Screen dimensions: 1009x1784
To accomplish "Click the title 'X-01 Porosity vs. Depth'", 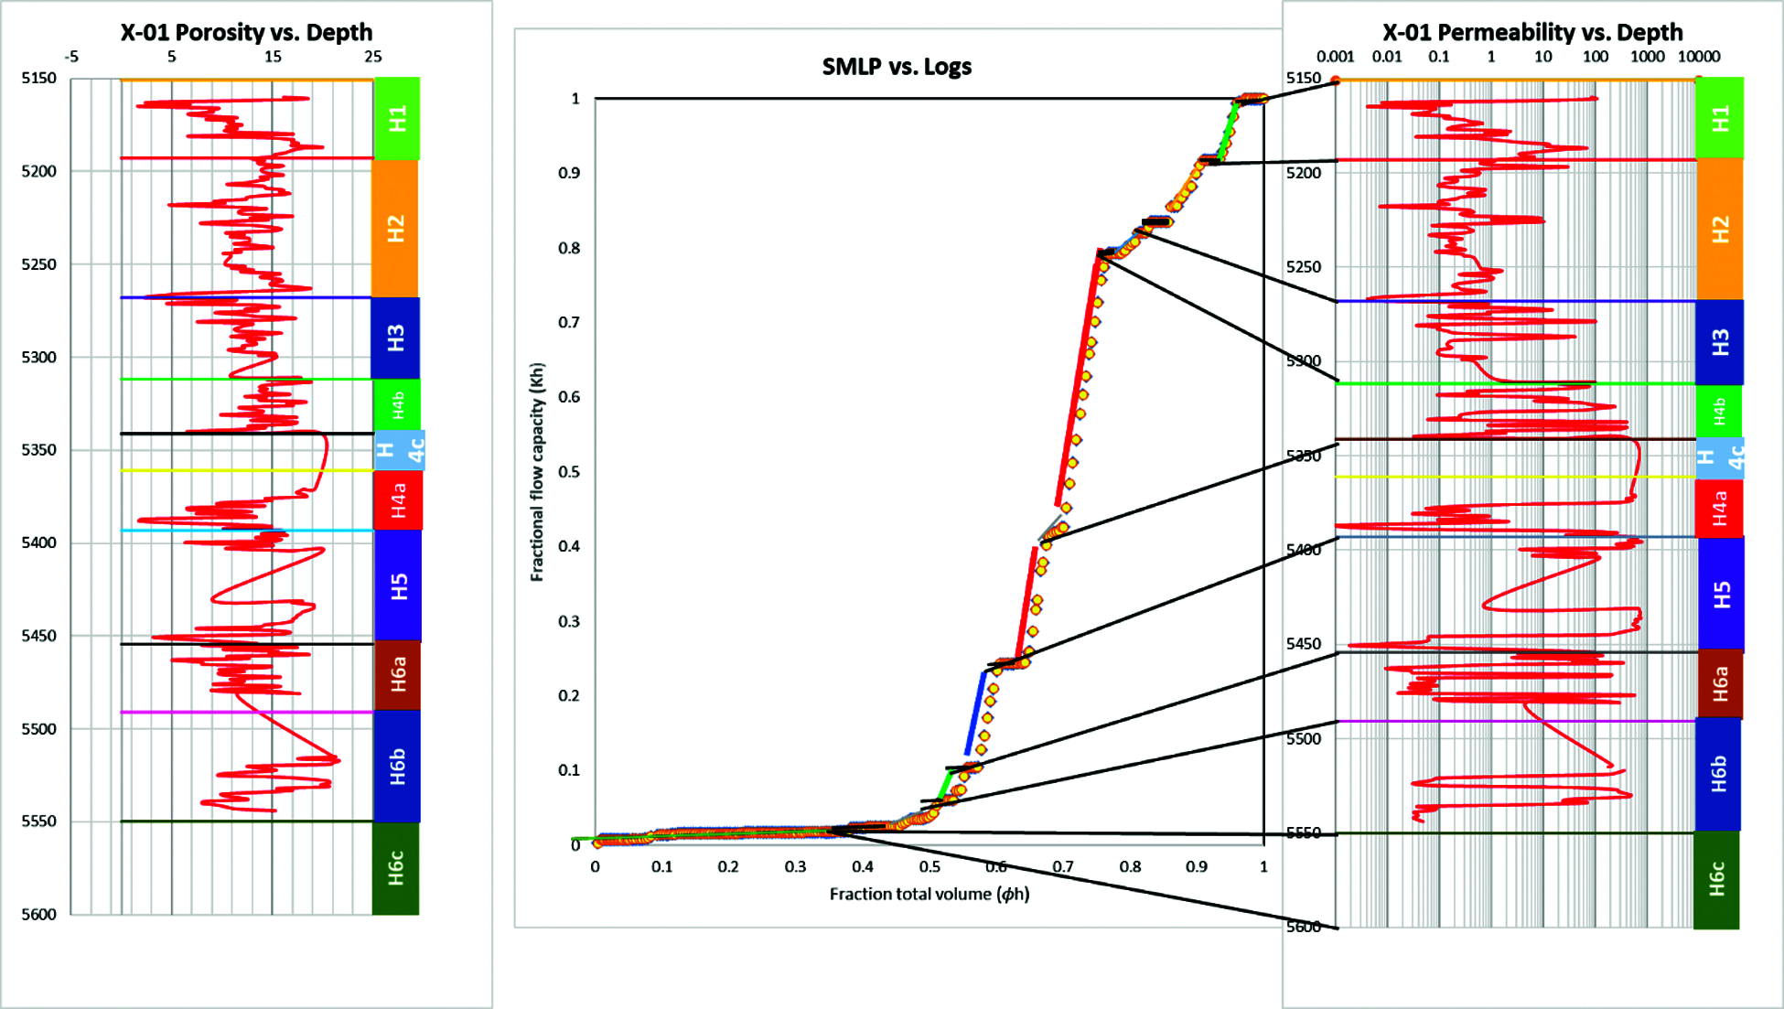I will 246,32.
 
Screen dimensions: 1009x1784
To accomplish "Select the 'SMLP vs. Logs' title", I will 897,67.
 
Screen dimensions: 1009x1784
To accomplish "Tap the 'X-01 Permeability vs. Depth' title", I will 1532,32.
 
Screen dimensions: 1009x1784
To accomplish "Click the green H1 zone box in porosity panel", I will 397,119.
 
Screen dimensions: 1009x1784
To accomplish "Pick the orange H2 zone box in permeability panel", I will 1720,229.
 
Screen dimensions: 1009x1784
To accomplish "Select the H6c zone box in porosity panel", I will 395,867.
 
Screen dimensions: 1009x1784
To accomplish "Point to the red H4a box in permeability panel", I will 1719,508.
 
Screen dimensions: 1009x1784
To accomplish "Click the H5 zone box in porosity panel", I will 398,585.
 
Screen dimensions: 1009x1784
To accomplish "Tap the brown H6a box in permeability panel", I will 1720,684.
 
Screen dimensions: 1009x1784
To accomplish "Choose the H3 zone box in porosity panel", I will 395,338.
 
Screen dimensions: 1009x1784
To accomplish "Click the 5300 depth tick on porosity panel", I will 39,358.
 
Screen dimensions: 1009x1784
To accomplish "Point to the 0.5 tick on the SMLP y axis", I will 569,472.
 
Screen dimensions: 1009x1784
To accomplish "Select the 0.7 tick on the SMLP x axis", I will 1063,867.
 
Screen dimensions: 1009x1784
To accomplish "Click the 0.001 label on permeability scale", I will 1335,57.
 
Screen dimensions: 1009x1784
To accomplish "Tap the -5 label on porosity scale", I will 71,57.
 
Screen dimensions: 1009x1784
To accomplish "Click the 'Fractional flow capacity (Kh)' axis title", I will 537,472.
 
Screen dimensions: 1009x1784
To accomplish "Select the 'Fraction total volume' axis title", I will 930,894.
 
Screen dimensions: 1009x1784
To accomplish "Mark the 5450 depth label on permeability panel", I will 1304,644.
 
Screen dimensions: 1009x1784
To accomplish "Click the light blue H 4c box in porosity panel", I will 400,450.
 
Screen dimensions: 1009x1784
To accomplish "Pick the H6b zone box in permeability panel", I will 1718,774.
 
